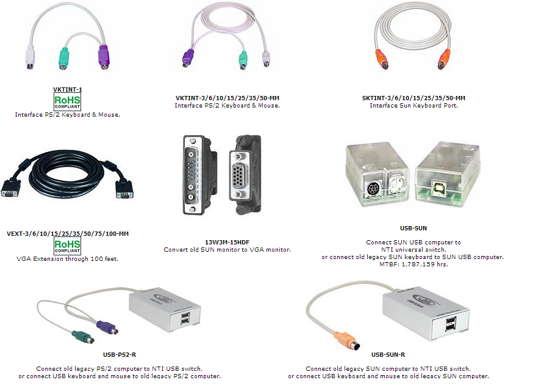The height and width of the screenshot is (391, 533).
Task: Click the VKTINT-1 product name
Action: pos(67,90)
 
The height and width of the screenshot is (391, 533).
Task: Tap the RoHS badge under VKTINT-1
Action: pos(67,101)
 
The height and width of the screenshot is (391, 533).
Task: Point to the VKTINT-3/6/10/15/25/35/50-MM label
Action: pos(227,98)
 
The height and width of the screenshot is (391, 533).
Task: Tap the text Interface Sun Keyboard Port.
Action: pos(413,106)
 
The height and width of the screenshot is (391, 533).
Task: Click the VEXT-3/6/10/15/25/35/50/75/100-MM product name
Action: pos(68,233)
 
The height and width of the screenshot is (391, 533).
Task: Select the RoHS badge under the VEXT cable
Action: pos(67,246)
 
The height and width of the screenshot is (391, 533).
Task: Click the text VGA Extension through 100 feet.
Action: pos(67,259)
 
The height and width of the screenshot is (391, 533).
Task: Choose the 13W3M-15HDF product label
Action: pos(227,242)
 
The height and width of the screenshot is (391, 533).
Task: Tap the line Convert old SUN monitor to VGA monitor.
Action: pos(227,249)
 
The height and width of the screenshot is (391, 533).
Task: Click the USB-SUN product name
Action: pos(413,228)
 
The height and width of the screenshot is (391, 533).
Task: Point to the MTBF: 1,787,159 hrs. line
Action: pos(413,265)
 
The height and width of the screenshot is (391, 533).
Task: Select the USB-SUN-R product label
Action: pos(388,354)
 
